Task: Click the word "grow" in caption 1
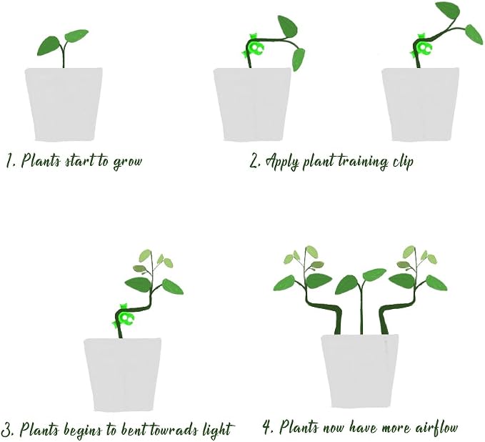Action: point(127,162)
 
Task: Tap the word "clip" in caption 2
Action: point(402,161)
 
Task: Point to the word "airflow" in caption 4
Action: point(436,428)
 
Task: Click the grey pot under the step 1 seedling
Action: point(64,104)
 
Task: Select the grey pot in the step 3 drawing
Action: point(122,375)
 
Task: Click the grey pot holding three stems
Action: point(360,371)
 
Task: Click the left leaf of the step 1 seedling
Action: point(49,46)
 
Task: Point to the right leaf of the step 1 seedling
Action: point(76,36)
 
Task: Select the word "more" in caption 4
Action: point(396,429)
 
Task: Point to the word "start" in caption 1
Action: point(80,161)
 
